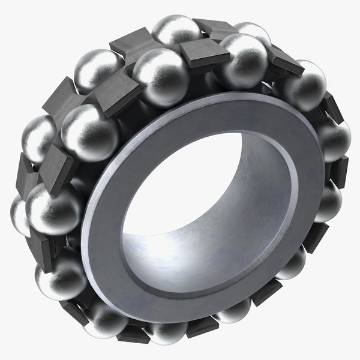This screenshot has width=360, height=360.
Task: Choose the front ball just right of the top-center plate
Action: (x=243, y=60)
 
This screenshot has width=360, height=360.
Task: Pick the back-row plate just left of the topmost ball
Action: (x=126, y=45)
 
